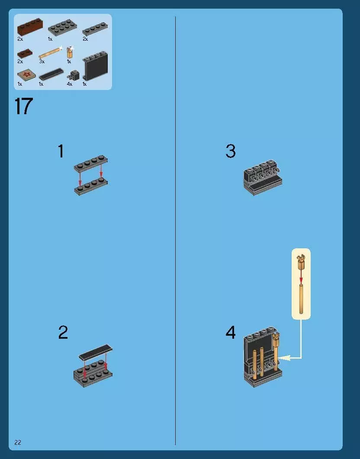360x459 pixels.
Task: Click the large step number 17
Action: click(x=23, y=106)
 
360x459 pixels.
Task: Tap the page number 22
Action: click(x=18, y=442)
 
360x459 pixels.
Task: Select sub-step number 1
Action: click(x=61, y=151)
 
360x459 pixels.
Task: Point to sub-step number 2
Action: click(x=63, y=333)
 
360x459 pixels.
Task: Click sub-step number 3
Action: click(x=231, y=151)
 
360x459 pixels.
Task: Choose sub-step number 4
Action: click(x=231, y=333)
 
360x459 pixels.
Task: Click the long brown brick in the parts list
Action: click(x=30, y=27)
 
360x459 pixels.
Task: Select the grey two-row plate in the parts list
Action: click(x=62, y=27)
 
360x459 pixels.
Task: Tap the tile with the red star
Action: click(x=26, y=75)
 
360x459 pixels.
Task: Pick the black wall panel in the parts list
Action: click(x=95, y=66)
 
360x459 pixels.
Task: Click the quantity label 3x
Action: click(x=42, y=61)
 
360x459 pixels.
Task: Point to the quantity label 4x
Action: click(x=69, y=84)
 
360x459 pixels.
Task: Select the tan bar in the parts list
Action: click(x=50, y=53)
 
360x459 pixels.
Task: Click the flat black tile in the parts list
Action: click(x=51, y=74)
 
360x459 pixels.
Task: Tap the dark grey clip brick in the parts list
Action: click(x=74, y=76)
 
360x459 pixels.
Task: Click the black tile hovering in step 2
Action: click(x=96, y=352)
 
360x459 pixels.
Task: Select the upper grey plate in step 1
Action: click(x=91, y=164)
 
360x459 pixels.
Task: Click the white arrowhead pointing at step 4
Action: click(x=284, y=358)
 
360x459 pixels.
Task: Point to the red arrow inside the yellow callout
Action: click(x=301, y=277)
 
